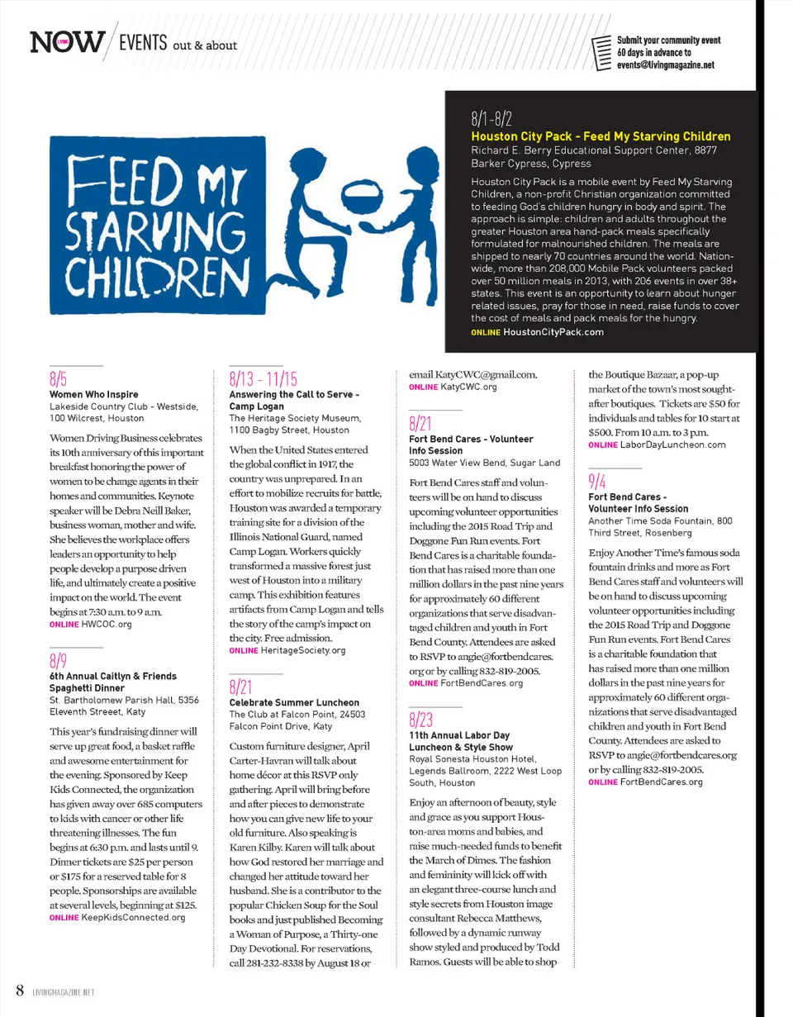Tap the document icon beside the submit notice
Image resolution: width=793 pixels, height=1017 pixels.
click(x=603, y=52)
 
